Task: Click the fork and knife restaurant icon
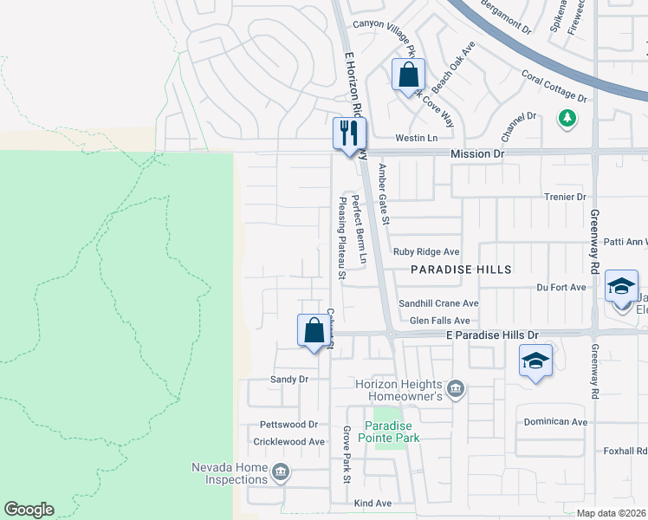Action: [350, 134]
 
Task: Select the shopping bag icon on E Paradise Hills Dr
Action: [314, 331]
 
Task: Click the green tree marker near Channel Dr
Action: [567, 118]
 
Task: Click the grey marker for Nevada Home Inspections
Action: [280, 473]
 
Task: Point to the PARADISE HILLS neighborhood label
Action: [461, 270]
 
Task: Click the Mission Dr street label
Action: [476, 153]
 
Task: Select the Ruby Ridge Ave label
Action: [426, 252]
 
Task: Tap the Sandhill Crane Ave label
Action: [438, 303]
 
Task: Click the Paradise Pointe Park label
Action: [392, 432]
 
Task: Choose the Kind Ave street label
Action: [373, 503]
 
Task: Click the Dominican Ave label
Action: [555, 422]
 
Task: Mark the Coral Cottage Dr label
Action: [554, 87]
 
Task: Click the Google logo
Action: [29, 510]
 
